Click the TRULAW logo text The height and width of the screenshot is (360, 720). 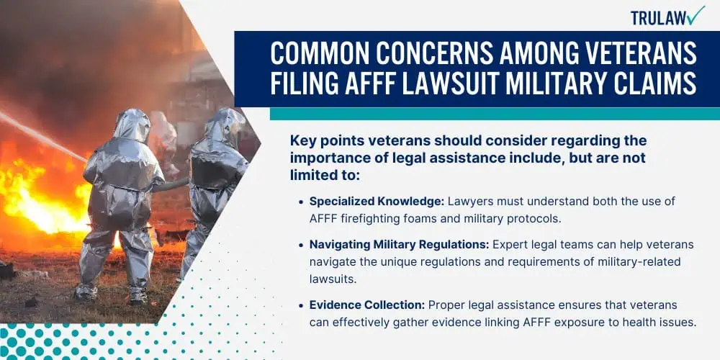click(x=660, y=17)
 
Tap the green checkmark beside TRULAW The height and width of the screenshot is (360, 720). click(x=697, y=14)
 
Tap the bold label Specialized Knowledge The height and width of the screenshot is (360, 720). click(x=377, y=201)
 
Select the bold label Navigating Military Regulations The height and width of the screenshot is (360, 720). click(x=399, y=246)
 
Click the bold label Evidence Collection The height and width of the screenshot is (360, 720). click(x=368, y=305)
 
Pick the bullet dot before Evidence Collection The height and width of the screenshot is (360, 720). click(x=301, y=306)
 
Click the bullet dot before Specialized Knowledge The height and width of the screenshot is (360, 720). click(x=301, y=202)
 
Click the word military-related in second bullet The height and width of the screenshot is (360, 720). click(x=642, y=262)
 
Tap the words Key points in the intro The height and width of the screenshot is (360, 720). click(x=317, y=140)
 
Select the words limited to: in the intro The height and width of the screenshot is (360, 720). click(x=325, y=175)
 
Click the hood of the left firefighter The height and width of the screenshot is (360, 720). click(x=132, y=124)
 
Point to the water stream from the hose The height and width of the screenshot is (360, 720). click(x=44, y=136)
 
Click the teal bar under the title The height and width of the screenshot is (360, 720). click(x=495, y=114)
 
